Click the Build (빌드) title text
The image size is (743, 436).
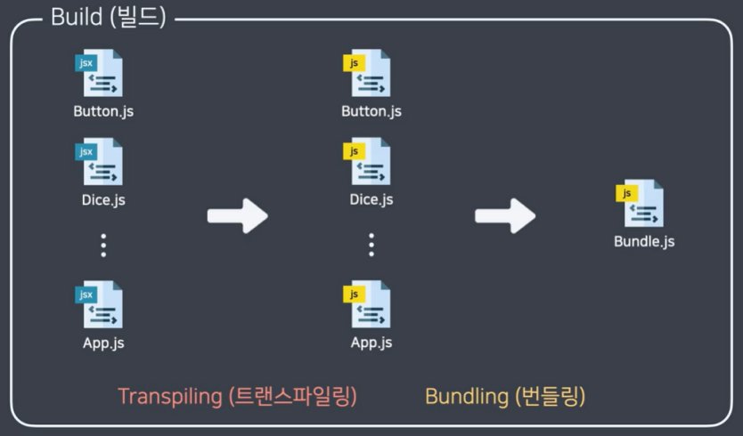point(108,18)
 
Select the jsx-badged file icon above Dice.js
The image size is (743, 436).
point(100,162)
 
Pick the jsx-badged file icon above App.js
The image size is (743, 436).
point(100,305)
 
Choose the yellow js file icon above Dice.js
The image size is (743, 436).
point(368,162)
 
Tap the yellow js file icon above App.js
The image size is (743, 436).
point(368,305)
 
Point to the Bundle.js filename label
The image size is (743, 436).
point(644,241)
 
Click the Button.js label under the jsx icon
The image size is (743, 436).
point(103,112)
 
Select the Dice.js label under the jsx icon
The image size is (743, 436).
point(103,199)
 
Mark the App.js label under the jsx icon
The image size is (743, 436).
point(103,343)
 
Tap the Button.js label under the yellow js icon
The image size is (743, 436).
point(371,112)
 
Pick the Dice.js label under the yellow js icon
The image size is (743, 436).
point(371,199)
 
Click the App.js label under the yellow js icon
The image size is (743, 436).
point(371,343)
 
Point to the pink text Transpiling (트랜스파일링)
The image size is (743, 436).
point(237,396)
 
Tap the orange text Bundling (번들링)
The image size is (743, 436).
point(505,396)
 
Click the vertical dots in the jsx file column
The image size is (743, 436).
point(103,245)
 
